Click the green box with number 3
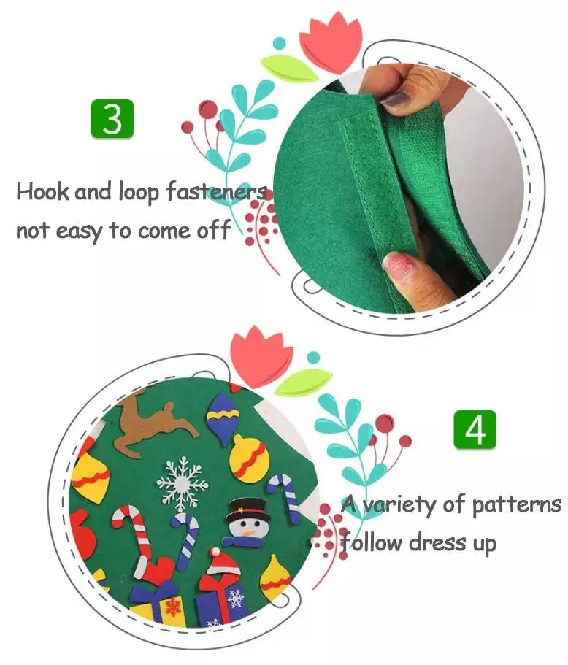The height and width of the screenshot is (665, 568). tap(112, 119)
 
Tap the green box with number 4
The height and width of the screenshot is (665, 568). tap(475, 429)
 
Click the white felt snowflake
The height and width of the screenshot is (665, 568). tap(183, 482)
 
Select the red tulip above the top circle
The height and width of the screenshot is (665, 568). tap(331, 40)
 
